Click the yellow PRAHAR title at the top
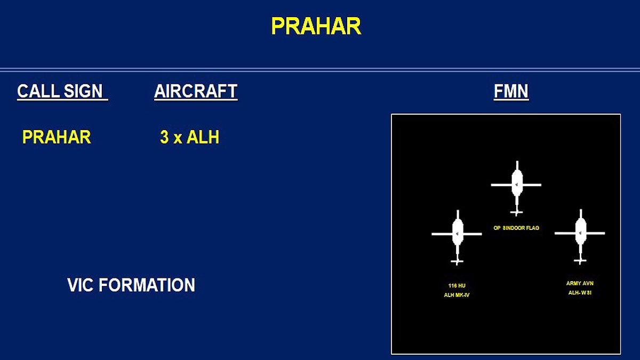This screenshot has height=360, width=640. tap(316, 26)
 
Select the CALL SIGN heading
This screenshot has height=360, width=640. tap(62, 92)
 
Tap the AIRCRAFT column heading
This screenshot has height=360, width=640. tap(196, 92)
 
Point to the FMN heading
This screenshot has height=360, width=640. tap(511, 92)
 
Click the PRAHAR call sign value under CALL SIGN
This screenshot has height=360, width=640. tap(57, 138)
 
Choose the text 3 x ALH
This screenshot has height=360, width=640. tap(190, 138)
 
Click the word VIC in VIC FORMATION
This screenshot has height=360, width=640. tap(81, 285)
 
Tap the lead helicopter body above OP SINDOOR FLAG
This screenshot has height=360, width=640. tap(516, 183)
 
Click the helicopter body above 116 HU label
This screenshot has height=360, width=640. tap(457, 233)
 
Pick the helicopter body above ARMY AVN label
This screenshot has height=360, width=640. tap(580, 232)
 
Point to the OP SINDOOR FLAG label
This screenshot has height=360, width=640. tap(516, 228)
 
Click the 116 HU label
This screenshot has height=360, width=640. tap(457, 286)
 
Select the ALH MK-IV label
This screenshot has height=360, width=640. tap(457, 295)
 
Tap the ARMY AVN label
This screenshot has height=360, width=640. tap(580, 283)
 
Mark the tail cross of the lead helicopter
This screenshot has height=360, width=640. tap(516, 213)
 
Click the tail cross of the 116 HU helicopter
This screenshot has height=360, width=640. tap(457, 261)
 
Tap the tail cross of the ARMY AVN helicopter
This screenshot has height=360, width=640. tap(580, 261)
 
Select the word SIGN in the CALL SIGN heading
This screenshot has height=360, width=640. tap(83, 92)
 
